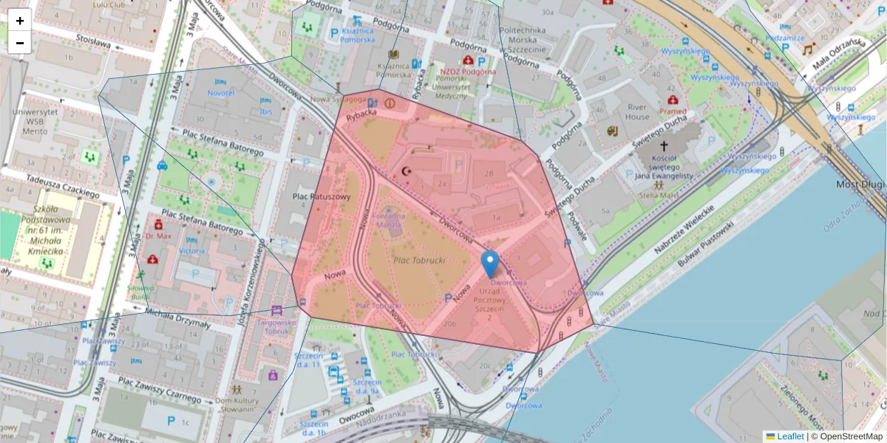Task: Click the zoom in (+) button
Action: coord(20,21)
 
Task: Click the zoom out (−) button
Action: coord(20,43)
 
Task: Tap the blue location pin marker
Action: coord(489,264)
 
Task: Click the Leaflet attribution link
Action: coord(789,436)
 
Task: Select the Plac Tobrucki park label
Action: coord(418,261)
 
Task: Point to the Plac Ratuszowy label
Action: coord(321,196)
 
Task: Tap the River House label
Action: coord(637,111)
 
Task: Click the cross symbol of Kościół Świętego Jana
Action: coord(663,146)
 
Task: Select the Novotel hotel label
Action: coord(220,93)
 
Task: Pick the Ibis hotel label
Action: coord(266,111)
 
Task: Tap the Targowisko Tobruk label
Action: coord(276,326)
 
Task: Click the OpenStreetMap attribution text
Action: coord(848,436)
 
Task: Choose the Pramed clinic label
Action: coord(673,111)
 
